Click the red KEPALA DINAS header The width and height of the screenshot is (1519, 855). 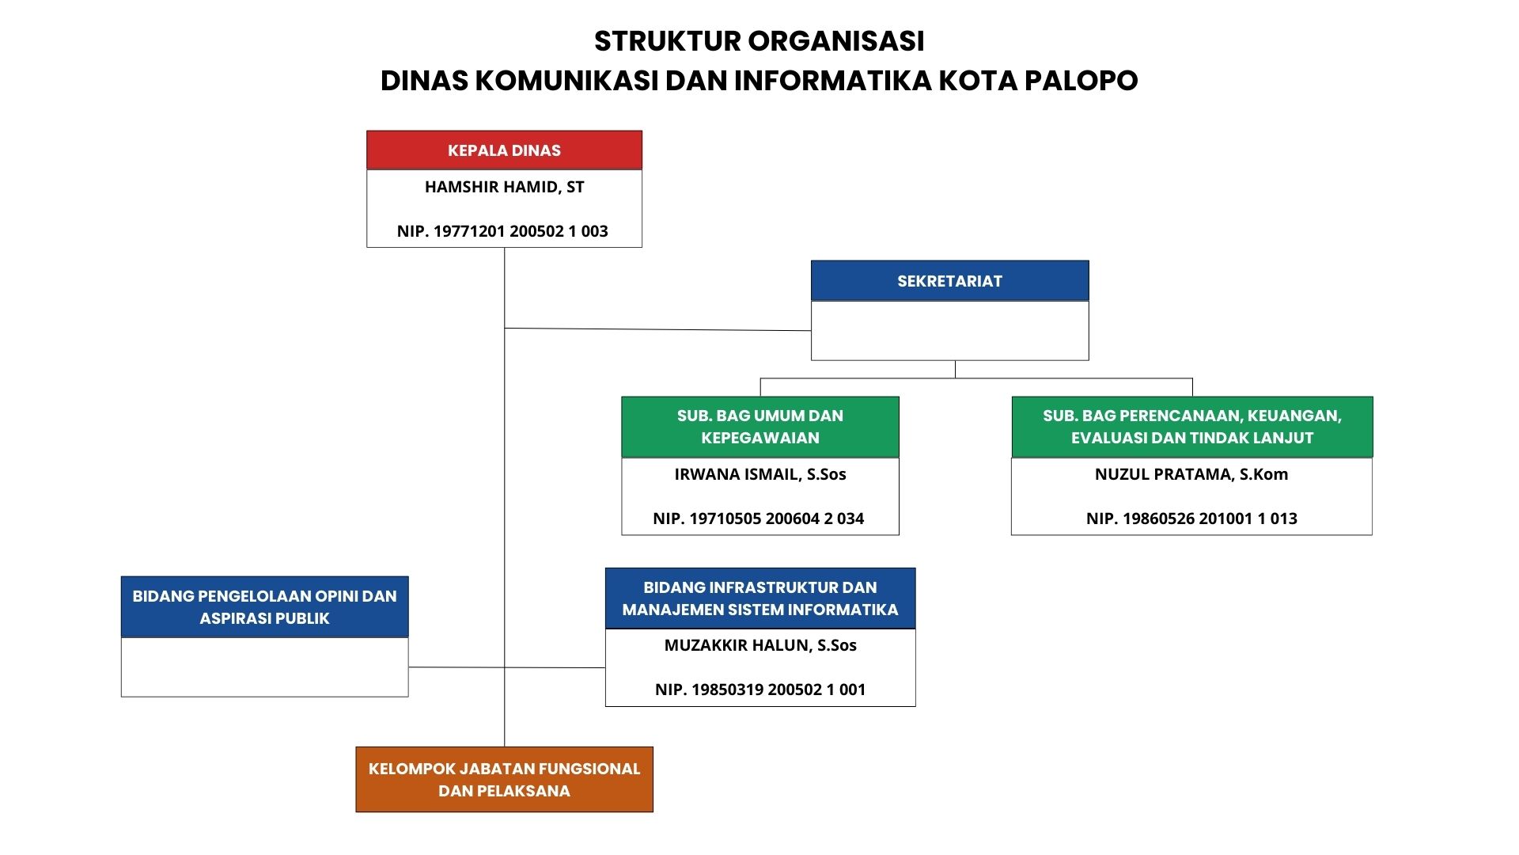pos(504,150)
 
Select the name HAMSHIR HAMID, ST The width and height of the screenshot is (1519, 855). pos(504,188)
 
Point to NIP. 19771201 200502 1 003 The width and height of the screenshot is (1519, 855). pos(502,231)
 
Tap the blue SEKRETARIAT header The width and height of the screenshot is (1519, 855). pos(949,281)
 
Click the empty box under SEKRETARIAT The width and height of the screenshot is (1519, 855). pos(949,331)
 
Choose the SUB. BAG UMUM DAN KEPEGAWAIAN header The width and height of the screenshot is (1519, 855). pos(759,427)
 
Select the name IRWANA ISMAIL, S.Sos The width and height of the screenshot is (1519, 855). pos(759,474)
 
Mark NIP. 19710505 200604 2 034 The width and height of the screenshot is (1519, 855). pos(758,519)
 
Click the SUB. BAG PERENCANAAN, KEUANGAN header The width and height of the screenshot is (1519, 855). pos(1191,427)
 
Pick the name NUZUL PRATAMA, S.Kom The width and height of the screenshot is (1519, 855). pos(1191,474)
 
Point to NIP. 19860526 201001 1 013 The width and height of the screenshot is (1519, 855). pos(1191,519)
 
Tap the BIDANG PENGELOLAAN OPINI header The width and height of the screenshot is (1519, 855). pos(264,607)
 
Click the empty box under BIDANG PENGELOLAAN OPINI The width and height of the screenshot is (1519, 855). pos(264,667)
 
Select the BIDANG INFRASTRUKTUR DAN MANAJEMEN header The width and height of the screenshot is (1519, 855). pos(759,598)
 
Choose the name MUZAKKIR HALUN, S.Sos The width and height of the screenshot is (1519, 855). pos(759,645)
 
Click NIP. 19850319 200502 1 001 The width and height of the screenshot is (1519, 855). pos(759,690)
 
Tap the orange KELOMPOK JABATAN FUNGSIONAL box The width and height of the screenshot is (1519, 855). pos(504,780)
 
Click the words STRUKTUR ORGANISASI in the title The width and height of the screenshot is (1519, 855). pos(759,41)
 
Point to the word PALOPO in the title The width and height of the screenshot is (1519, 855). pos(1081,81)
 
